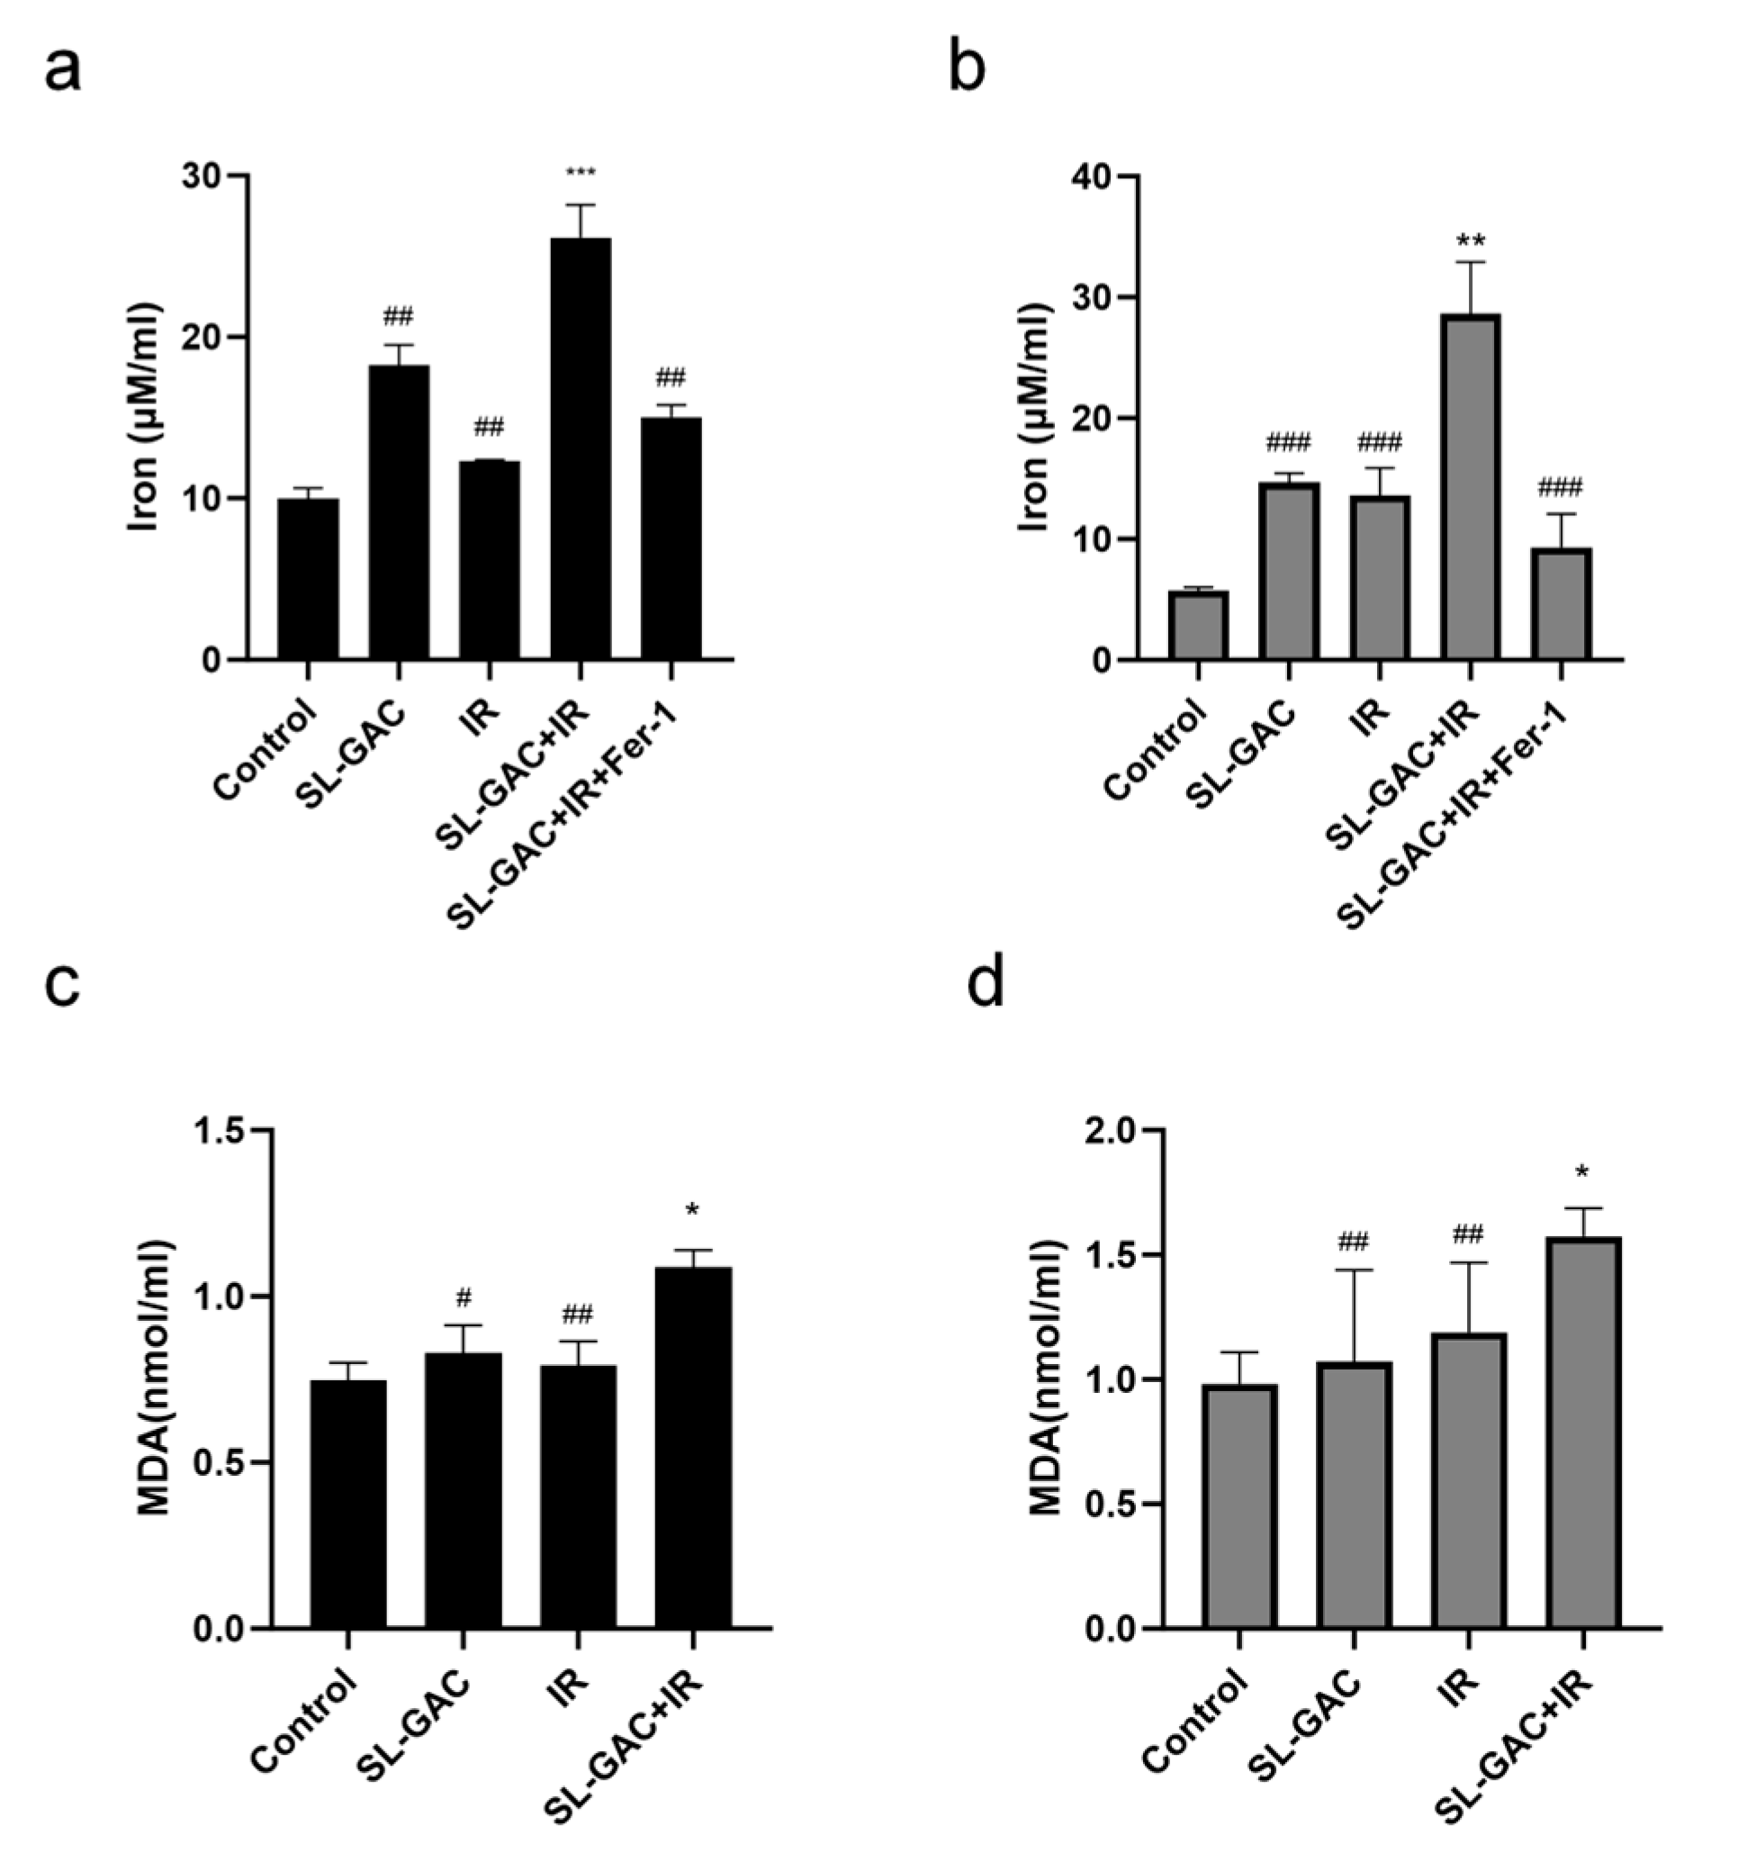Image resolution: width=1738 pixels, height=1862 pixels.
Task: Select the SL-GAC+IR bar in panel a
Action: point(581,449)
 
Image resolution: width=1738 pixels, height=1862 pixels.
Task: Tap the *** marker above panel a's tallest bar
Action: point(581,173)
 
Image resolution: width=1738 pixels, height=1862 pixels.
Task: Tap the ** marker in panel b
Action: point(1470,240)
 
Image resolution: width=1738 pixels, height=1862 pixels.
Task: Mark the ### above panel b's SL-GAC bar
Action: point(1289,442)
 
